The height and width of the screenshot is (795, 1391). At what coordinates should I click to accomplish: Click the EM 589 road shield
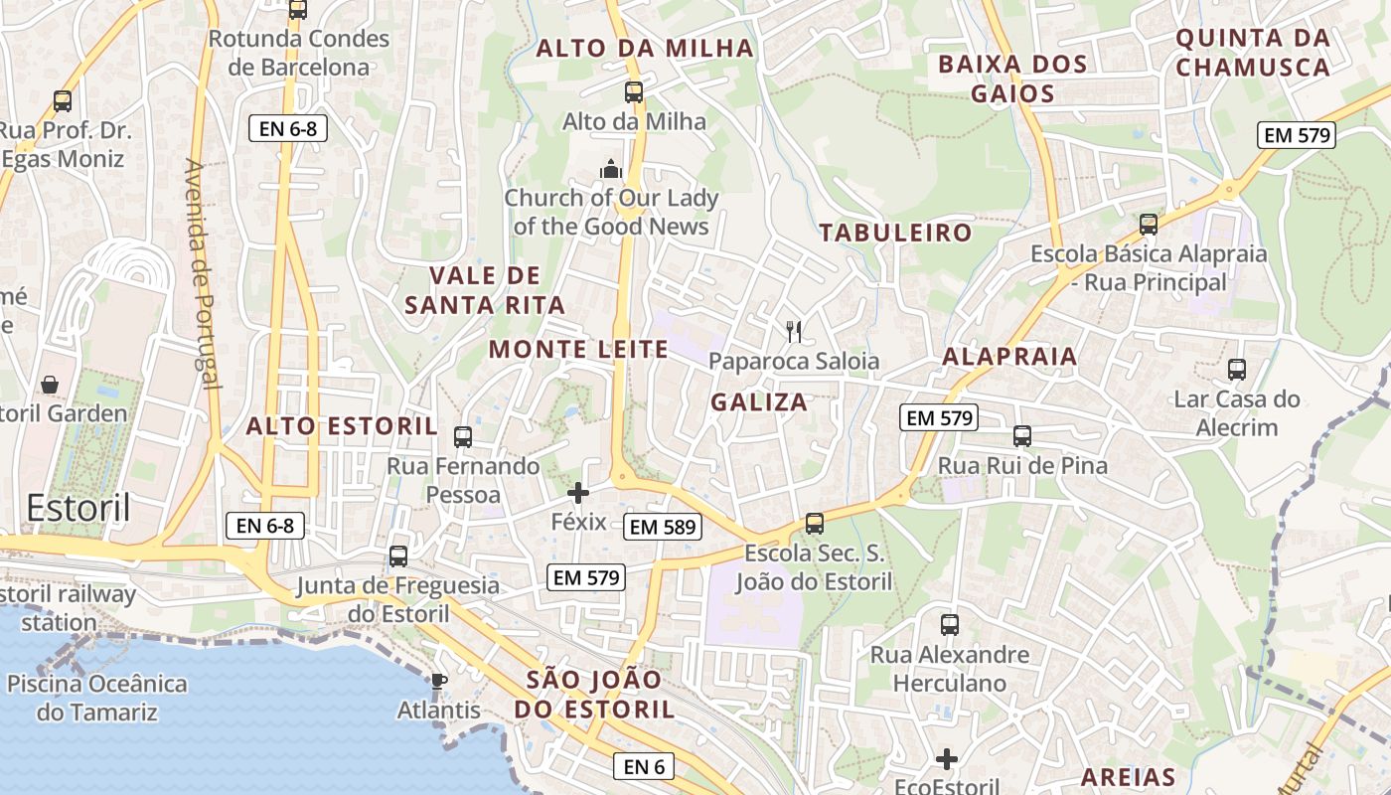(663, 527)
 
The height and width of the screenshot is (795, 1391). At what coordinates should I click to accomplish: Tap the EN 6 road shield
(644, 766)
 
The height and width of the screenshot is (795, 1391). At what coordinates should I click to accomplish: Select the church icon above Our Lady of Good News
(611, 169)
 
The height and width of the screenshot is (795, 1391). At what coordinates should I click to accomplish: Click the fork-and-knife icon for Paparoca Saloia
(794, 331)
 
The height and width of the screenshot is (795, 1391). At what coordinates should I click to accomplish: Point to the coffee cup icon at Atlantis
(438, 682)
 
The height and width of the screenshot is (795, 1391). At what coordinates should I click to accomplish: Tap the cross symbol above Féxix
(578, 492)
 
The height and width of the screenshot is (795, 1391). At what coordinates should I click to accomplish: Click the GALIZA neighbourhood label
(759, 402)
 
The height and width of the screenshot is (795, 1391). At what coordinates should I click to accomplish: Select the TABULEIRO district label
(895, 233)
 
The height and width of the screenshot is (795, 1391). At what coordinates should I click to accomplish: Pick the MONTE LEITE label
(578, 349)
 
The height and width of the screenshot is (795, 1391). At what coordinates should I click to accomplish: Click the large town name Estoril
(78, 507)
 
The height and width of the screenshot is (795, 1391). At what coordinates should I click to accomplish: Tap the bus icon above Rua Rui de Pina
(1022, 435)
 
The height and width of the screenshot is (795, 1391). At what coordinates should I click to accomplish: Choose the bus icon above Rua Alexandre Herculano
(950, 625)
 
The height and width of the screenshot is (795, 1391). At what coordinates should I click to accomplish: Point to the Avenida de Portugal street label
(202, 273)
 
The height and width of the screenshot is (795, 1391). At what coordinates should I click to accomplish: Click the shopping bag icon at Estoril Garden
(49, 384)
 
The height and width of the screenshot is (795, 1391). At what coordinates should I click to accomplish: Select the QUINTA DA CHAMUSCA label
(1252, 53)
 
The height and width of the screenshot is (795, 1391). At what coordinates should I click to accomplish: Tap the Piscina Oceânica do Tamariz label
(97, 698)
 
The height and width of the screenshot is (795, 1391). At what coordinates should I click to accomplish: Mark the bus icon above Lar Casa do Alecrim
(1237, 370)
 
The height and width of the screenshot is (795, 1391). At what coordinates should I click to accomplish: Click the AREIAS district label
(1128, 777)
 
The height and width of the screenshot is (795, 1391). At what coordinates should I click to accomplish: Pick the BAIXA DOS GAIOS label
(1012, 79)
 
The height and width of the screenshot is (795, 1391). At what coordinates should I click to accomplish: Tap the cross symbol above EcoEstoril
(947, 759)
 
